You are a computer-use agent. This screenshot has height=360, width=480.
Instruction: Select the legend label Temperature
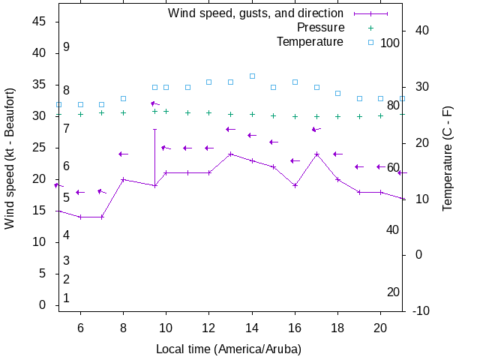point(310,42)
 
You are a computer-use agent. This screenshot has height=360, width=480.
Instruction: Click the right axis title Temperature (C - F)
point(448,157)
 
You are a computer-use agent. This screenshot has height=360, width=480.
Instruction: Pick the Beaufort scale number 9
point(66,47)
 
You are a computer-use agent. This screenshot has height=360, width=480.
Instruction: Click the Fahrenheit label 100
point(390,43)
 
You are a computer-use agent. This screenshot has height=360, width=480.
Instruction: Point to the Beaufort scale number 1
point(66,298)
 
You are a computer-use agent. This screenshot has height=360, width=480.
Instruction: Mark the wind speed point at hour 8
point(123,179)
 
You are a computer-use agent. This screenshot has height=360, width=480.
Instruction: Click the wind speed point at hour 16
point(295,185)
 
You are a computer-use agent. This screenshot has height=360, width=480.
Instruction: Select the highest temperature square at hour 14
point(252,76)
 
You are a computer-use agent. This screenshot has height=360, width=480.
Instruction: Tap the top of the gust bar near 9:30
point(155,129)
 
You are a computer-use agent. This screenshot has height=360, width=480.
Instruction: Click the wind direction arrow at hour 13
point(230,129)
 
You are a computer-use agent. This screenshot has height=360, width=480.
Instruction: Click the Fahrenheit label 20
point(393,292)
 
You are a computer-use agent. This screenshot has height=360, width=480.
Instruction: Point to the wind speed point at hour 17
point(316,154)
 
